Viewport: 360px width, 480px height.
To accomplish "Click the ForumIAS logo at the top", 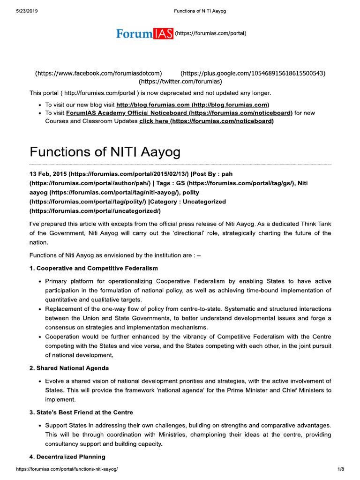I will click(145, 34).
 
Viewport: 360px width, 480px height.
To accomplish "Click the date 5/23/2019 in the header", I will click(27, 11).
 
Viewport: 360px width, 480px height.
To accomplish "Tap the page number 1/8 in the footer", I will click(340, 469).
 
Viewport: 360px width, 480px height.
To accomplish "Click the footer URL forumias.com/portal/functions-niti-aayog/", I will click(67, 469).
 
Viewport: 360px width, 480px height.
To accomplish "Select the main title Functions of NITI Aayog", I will click(105, 153).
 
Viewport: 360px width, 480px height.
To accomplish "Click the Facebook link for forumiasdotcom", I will click(98, 73).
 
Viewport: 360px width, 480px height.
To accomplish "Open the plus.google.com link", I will click(253, 73).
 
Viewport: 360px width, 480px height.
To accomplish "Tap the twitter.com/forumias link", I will click(180, 82).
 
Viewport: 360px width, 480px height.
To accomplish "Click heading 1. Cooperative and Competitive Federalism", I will click(94, 268).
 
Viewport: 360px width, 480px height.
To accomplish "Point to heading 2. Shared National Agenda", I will click(69, 368).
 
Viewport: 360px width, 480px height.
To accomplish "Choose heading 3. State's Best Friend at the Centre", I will click(81, 412).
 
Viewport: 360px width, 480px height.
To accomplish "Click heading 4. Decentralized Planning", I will click(67, 457).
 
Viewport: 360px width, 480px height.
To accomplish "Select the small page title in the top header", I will click(200, 11).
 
